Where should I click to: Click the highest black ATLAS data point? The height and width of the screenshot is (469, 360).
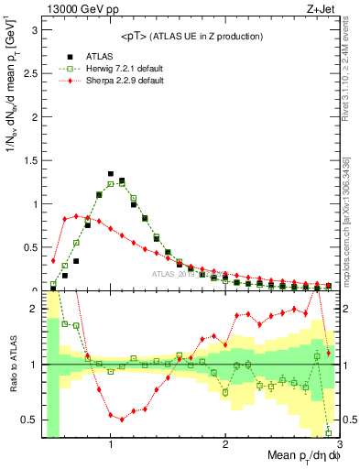point(111,173)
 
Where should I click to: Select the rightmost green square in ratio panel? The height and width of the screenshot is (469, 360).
point(328,432)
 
